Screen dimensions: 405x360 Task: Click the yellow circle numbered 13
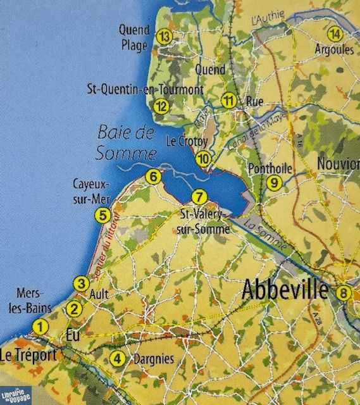pos(164,36)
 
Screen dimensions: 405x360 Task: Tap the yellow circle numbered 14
pos(335,34)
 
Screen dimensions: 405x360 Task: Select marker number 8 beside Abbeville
pos(344,292)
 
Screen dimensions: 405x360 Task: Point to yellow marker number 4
pos(116,358)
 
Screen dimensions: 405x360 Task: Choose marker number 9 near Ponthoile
pos(273,183)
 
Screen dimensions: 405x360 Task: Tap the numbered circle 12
pos(162,106)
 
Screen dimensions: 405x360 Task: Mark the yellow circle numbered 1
pos(40,327)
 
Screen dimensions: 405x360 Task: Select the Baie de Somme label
pos(127,143)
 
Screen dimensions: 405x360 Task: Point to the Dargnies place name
pos(153,359)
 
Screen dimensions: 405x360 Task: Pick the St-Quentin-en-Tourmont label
pos(145,90)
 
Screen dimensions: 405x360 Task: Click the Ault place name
pos(99,294)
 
